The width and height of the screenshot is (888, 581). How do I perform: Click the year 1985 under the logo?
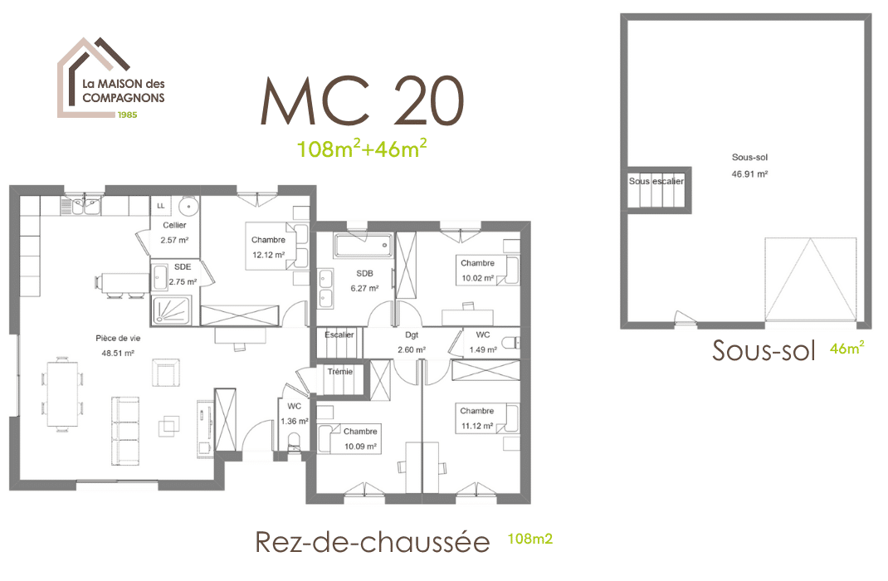[x=127, y=115]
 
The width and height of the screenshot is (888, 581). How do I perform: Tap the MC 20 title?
[x=363, y=102]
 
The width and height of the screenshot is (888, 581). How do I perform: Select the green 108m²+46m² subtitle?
[x=363, y=149]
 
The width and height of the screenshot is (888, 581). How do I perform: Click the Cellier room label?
[x=174, y=225]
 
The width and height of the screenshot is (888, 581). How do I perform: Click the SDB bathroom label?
[x=365, y=273]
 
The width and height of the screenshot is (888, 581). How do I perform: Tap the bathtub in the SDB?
[x=363, y=245]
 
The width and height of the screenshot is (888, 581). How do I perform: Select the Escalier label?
[x=339, y=335]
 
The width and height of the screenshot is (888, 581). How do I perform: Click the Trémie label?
[x=339, y=371]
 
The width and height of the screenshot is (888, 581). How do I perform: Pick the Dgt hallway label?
[x=412, y=335]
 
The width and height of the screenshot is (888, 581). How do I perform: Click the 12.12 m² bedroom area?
[x=268, y=255]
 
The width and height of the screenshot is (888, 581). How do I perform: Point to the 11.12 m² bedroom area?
[x=476, y=426]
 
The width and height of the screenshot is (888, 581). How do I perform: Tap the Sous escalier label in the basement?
[x=656, y=181]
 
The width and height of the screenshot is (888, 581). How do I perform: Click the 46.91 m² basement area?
[x=749, y=175]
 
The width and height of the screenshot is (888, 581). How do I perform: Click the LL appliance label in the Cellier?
[x=160, y=205]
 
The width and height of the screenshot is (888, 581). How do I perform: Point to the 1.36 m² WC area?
[x=294, y=422]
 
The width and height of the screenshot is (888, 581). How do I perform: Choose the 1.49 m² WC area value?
[x=483, y=349]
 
